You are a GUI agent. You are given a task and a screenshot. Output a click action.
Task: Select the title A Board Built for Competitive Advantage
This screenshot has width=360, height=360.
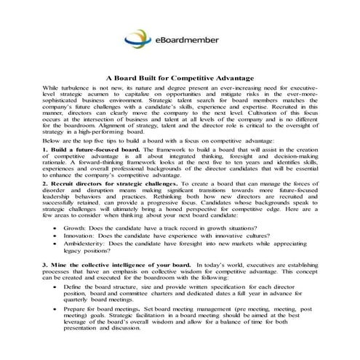click(x=179, y=76)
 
